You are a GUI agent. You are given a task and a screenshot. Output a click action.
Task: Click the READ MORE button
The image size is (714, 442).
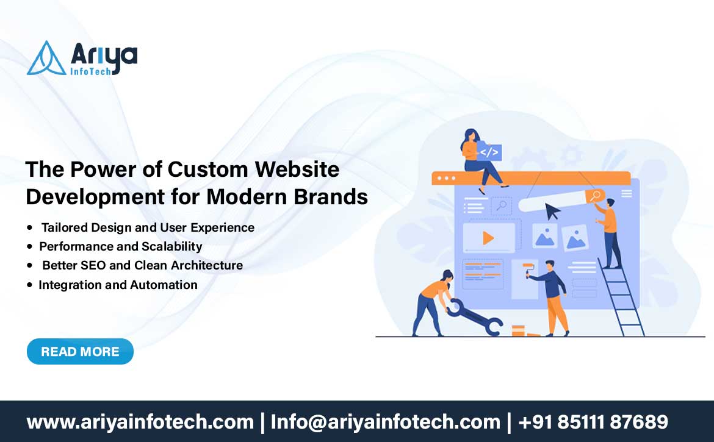80,352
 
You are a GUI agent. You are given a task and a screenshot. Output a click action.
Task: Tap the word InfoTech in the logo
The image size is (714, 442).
90,71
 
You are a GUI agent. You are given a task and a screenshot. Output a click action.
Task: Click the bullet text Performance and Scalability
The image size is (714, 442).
121,246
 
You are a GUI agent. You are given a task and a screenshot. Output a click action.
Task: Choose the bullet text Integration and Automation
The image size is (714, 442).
118,285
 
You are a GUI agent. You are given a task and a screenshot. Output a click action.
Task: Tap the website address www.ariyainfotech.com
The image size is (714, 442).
140,422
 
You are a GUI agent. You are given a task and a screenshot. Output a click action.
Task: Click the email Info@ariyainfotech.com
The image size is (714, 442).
385,422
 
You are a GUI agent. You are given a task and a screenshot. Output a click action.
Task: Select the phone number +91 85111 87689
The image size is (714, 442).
593,422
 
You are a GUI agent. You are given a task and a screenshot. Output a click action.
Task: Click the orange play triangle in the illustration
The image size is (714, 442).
488,238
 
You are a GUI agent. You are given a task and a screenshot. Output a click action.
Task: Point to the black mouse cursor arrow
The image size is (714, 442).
552,212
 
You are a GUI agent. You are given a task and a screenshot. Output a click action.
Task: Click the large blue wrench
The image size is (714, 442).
474,318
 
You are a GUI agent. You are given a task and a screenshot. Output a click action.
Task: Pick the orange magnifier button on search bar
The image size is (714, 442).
595,196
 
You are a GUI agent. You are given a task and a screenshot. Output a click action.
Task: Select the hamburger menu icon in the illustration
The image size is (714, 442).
627,194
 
